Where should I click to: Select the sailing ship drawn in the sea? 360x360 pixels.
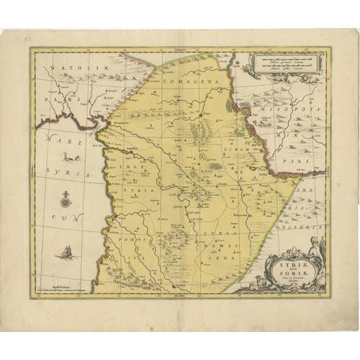[66, 251]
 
